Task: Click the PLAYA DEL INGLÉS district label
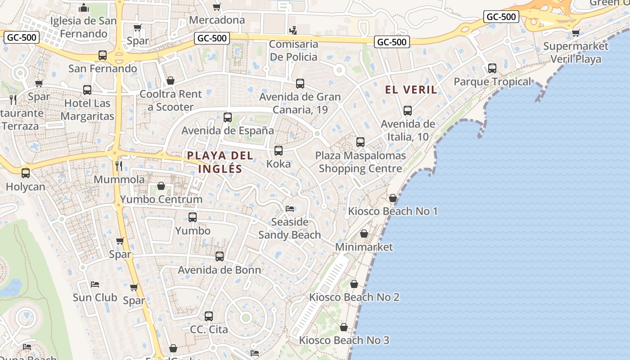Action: click(220, 162)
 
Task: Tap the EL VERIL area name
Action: click(411, 90)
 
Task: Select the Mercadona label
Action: click(217, 20)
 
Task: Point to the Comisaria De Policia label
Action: click(293, 50)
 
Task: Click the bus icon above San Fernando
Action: click(103, 55)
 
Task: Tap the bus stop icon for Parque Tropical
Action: click(492, 68)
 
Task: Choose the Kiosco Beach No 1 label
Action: click(392, 211)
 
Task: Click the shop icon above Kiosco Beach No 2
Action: click(354, 284)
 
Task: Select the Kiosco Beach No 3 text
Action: click(344, 340)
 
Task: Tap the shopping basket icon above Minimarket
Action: click(364, 234)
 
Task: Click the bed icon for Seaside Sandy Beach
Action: click(290, 209)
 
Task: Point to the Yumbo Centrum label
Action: click(161, 199)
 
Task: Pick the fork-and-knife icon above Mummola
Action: click(119, 166)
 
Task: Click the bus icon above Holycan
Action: click(26, 173)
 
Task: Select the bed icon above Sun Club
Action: click(95, 284)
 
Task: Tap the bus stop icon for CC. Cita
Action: click(209, 316)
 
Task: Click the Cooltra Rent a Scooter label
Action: click(171, 100)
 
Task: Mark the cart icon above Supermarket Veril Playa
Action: click(576, 33)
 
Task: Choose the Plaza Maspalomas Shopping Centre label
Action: click(360, 162)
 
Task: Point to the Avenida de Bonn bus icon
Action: click(220, 256)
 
